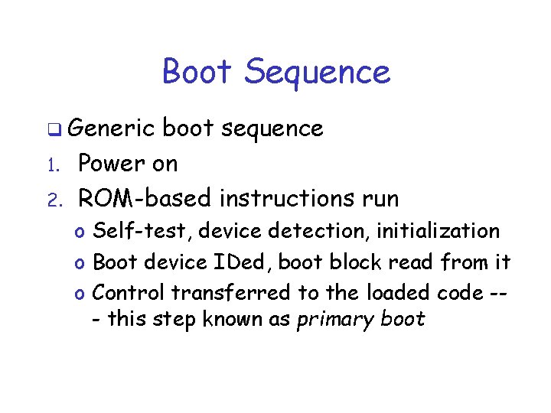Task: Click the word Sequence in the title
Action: click(x=318, y=73)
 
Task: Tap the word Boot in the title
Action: click(x=197, y=72)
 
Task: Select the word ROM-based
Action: click(x=145, y=198)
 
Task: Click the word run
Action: click(x=376, y=200)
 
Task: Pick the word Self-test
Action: click(x=132, y=231)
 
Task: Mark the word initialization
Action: click(x=438, y=231)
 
